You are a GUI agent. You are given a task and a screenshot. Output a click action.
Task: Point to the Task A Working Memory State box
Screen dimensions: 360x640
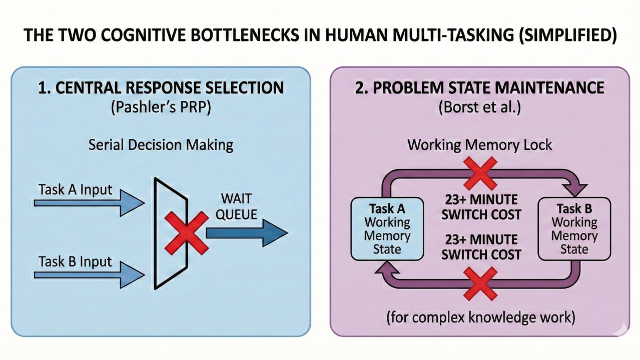click(387, 228)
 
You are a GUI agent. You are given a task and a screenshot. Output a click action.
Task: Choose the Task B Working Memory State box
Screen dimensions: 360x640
click(574, 228)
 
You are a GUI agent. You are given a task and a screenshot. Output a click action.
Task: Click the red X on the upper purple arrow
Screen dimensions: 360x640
click(480, 173)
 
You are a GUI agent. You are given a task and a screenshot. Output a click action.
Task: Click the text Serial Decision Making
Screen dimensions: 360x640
click(161, 145)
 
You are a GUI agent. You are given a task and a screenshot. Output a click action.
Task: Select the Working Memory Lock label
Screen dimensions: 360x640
click(479, 145)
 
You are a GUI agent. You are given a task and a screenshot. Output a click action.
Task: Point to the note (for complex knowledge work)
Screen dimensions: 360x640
click(479, 317)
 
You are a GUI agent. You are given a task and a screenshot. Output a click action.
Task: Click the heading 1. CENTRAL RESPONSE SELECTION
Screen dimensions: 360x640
click(161, 88)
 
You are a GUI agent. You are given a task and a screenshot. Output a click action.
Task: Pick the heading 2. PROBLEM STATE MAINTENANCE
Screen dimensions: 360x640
click(479, 88)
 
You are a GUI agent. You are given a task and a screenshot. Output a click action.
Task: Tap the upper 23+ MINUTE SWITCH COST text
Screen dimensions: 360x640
click(481, 207)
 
